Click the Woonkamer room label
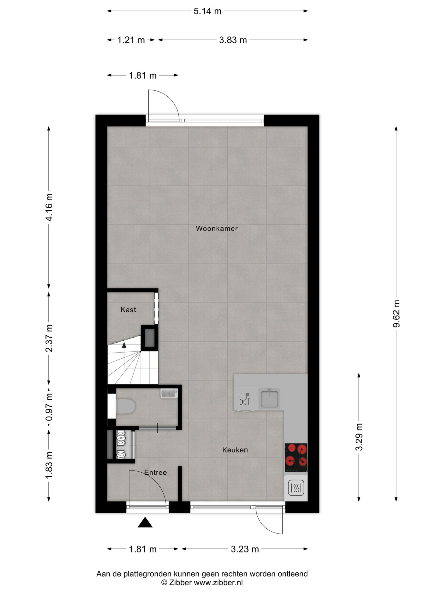[216, 228]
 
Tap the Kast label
[128, 310]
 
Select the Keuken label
[235, 450]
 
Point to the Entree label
[156, 473]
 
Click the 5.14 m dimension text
[207, 11]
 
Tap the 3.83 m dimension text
[233, 40]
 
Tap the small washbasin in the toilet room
[169, 394]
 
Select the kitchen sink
[269, 398]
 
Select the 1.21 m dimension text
[131, 40]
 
